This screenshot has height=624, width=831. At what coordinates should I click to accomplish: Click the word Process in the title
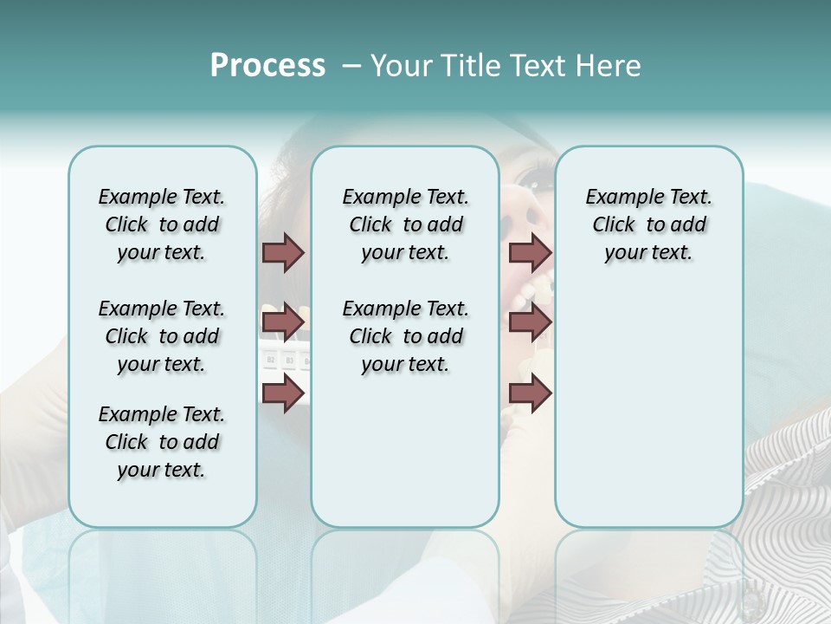pos(267,66)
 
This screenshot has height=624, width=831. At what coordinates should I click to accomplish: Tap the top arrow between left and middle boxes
pos(283,252)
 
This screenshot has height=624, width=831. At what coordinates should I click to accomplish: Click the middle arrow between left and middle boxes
pos(283,322)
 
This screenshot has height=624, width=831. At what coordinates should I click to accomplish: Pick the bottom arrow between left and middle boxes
pos(283,393)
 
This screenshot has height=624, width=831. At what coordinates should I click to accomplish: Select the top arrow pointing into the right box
pos(530,252)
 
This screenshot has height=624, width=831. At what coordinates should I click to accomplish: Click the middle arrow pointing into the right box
pos(530,322)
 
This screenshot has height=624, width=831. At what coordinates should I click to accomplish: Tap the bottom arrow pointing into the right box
pos(530,393)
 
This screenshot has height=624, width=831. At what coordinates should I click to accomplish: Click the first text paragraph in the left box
pos(162,224)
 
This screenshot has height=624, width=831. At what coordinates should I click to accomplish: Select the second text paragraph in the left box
pos(162,336)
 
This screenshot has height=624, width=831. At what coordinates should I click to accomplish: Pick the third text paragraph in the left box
pos(162,442)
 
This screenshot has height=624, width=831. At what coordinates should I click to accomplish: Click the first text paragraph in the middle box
pos(405,224)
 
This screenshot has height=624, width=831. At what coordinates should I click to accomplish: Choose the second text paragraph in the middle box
pos(405,336)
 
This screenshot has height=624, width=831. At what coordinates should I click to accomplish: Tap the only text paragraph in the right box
pos(648,224)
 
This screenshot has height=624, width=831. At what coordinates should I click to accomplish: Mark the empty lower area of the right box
pos(648,416)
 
